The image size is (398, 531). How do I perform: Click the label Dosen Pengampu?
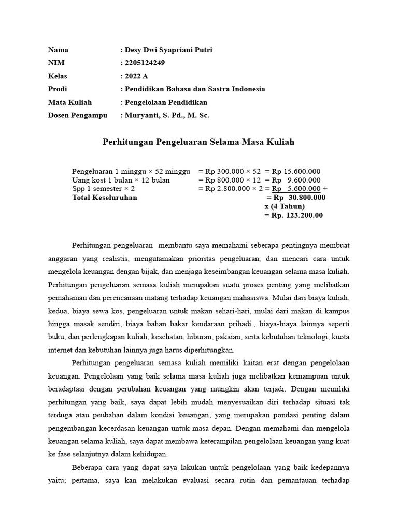pos(78,115)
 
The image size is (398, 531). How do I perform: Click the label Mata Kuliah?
pos(70,102)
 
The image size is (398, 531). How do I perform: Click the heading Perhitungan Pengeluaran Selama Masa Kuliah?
pos(198,142)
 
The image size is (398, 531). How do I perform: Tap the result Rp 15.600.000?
pos(296,172)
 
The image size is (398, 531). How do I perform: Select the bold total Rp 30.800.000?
pos(300,198)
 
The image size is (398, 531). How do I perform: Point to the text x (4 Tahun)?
pos(285,206)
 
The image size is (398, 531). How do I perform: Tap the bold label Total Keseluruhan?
pos(105,198)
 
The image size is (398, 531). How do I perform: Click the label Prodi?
pos(58,89)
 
